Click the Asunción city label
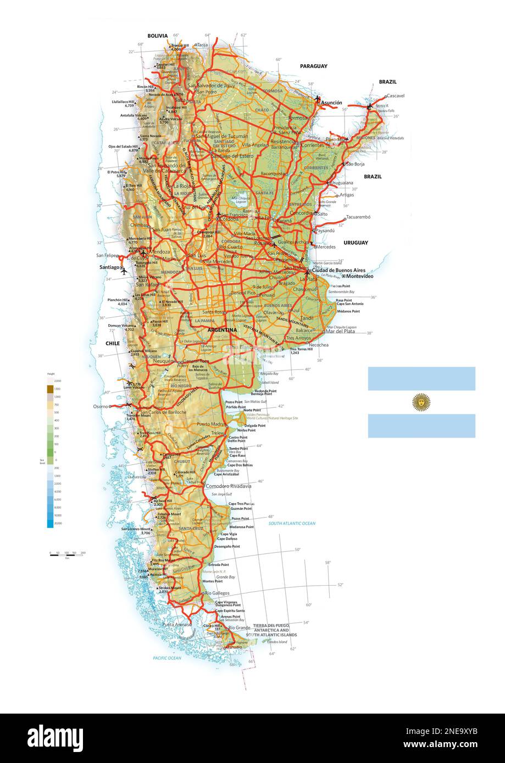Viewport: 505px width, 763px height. coord(331,103)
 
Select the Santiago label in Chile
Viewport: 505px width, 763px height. coord(109,267)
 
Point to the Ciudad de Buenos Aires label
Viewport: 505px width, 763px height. coord(338,270)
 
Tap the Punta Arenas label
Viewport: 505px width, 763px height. coord(176,624)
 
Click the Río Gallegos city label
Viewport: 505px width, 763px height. coord(217,593)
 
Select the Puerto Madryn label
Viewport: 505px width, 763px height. coord(211,424)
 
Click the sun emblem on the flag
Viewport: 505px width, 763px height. coord(421,402)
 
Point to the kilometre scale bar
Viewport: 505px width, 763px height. coord(67,554)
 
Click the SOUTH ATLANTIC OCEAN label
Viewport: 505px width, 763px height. coord(292,524)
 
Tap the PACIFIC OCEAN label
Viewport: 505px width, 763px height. coord(167,658)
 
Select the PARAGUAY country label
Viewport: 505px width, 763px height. coord(313,66)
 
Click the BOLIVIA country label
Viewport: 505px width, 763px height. coord(157,36)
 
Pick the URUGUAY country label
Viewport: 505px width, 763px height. coord(356,242)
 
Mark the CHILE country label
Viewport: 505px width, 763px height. coord(112,343)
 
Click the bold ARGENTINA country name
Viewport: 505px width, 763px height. coord(222,330)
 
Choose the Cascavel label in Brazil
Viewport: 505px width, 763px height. coord(395,96)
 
